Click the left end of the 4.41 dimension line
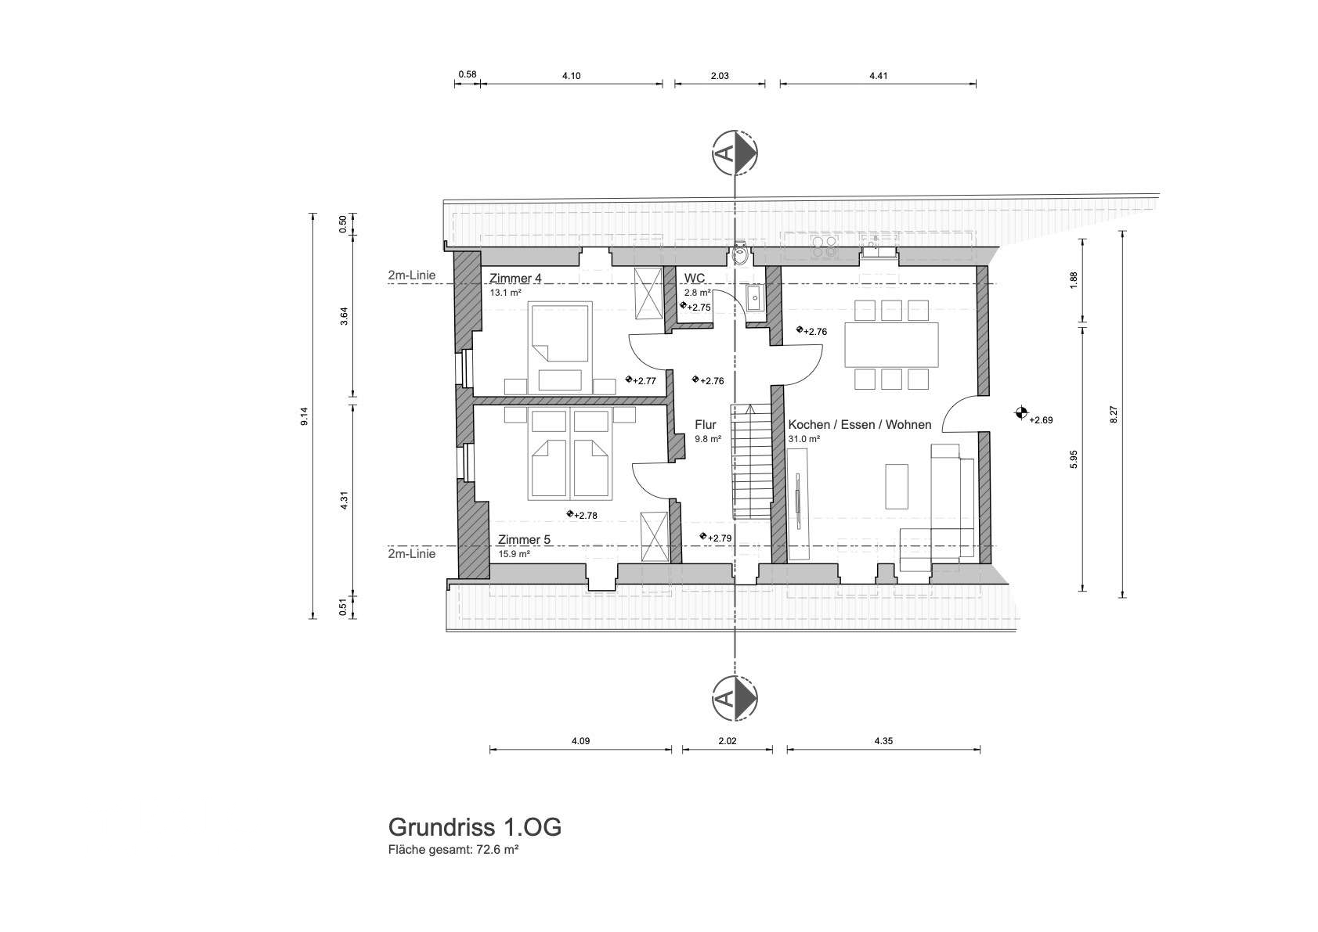click(x=781, y=84)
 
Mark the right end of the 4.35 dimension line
click(x=980, y=750)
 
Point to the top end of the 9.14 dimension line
click(x=313, y=214)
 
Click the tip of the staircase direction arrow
click(x=751, y=405)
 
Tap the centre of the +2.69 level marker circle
click(x=1021, y=412)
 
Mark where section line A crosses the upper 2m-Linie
click(x=735, y=284)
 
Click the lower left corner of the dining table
click(x=845, y=367)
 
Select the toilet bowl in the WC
click(x=739, y=255)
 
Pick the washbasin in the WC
click(x=753, y=298)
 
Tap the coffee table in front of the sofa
click(x=897, y=486)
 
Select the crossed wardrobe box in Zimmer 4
click(x=648, y=293)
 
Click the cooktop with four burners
click(x=824, y=247)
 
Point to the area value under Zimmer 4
click(x=505, y=292)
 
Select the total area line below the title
click(x=453, y=850)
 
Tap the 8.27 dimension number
click(x=1113, y=415)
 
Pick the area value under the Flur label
click(x=708, y=439)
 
